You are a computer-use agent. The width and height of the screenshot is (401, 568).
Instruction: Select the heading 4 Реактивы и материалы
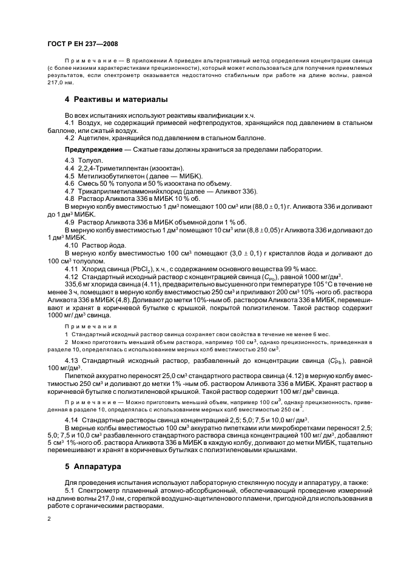coord(116,99)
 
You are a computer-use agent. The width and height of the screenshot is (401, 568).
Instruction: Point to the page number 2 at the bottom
coord(49,518)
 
